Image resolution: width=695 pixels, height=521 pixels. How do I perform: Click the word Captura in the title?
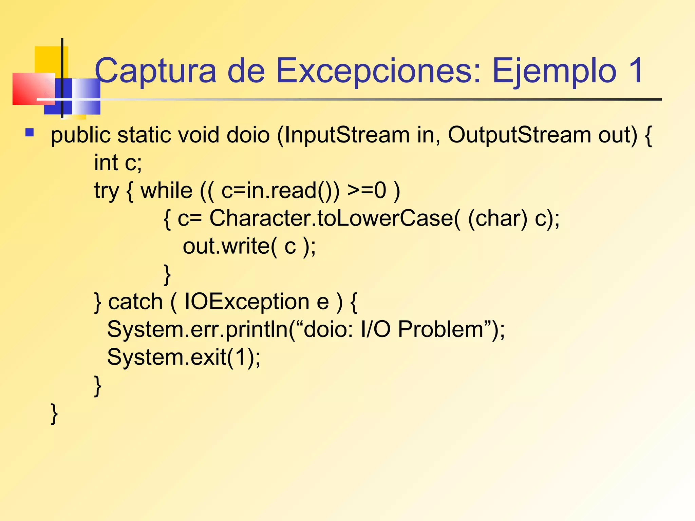click(155, 71)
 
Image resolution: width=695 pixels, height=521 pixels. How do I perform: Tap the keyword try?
click(107, 191)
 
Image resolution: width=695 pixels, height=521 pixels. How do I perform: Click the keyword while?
click(166, 191)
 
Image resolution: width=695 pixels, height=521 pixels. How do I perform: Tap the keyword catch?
click(135, 302)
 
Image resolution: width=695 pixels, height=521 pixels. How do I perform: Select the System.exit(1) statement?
click(184, 357)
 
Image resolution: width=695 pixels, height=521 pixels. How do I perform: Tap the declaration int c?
click(118, 163)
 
